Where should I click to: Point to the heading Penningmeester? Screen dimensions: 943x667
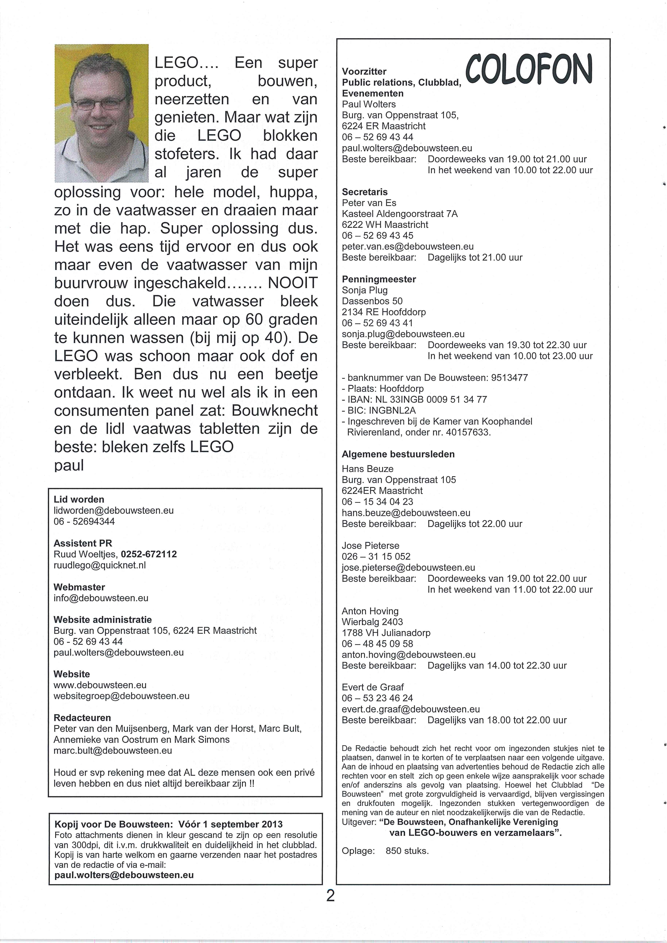[379, 279]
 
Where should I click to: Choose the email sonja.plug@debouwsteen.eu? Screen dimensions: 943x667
[403, 334]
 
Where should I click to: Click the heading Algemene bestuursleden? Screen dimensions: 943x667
[398, 454]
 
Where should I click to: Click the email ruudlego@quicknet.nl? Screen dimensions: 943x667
[100, 565]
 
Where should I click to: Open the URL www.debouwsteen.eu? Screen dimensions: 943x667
[100, 685]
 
